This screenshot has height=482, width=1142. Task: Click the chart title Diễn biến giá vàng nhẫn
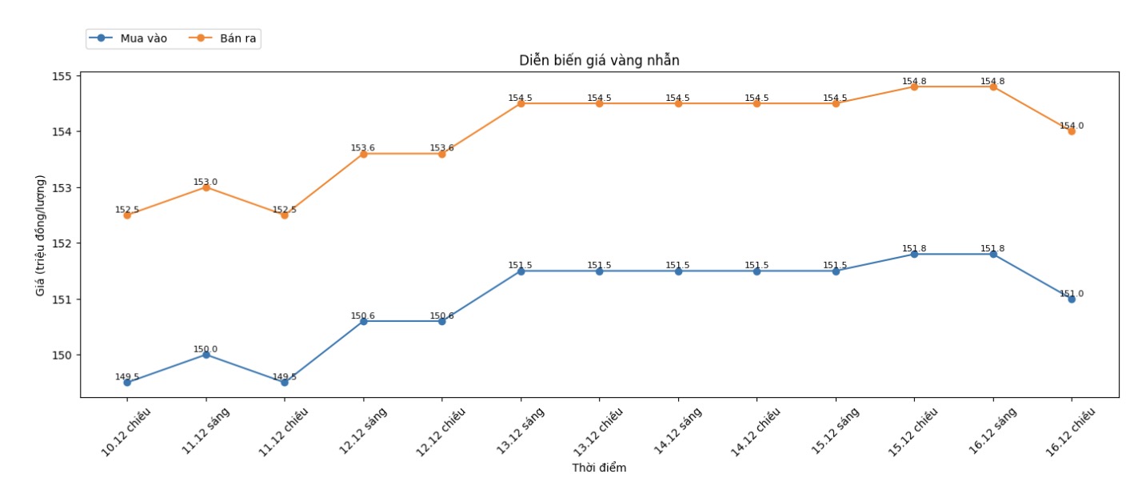coord(599,60)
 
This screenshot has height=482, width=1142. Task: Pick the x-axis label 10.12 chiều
coord(127,432)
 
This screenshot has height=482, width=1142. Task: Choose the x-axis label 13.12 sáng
coord(521,432)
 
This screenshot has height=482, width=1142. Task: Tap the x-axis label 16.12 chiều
coord(1071,432)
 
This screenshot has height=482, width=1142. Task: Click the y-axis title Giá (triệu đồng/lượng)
coord(41,235)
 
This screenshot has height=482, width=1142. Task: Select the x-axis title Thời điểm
coord(599,468)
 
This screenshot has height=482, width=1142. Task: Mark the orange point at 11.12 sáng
coord(206,187)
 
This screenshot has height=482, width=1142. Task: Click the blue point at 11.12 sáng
coord(206,355)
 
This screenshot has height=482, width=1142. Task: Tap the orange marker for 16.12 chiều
coord(1072,131)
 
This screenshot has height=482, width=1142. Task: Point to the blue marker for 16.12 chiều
coord(1072,299)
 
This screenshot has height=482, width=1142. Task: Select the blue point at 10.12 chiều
coord(127,383)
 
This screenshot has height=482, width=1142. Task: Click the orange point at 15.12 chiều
coord(914,86)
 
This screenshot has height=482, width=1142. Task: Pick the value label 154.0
coord(1072,126)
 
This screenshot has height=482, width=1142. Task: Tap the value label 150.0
coord(206,349)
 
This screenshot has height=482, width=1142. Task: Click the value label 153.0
coord(206,182)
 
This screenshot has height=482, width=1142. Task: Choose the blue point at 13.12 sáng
coord(521,271)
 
